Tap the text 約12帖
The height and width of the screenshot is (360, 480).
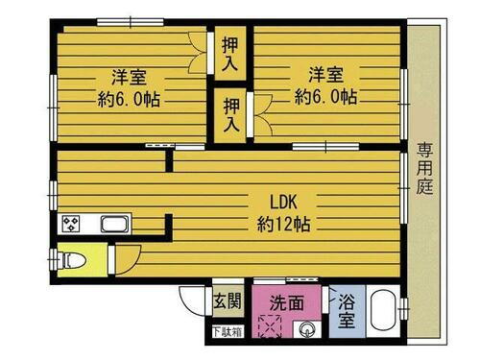(x=282, y=225)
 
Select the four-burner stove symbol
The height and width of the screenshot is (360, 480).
(x=71, y=226)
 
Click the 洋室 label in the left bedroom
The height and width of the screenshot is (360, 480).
(x=127, y=76)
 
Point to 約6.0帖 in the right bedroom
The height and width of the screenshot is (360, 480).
(x=325, y=96)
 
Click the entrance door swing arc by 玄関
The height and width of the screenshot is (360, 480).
(x=192, y=300)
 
